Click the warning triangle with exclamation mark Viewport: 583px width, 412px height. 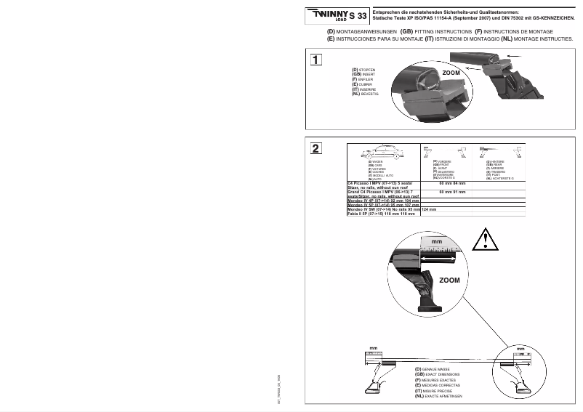(484, 238)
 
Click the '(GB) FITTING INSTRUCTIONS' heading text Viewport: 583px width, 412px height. (435, 33)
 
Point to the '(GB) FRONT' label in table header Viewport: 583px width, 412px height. (441, 165)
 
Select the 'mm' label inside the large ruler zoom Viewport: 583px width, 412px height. (436, 241)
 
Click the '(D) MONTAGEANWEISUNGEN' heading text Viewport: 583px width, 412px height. (361, 33)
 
